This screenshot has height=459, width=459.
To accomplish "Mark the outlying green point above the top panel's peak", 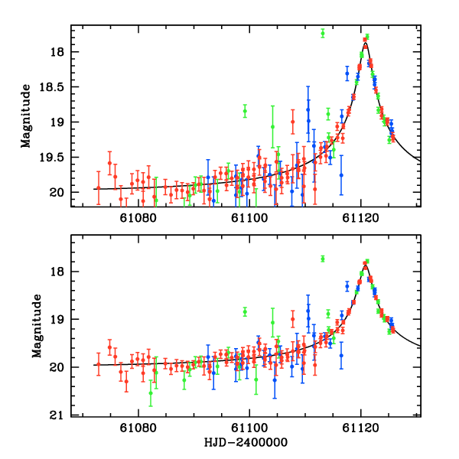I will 323,33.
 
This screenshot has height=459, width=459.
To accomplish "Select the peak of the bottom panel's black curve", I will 366,264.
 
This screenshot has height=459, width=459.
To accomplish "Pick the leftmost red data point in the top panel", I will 98,187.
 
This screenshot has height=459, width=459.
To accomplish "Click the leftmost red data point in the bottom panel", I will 98,364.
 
